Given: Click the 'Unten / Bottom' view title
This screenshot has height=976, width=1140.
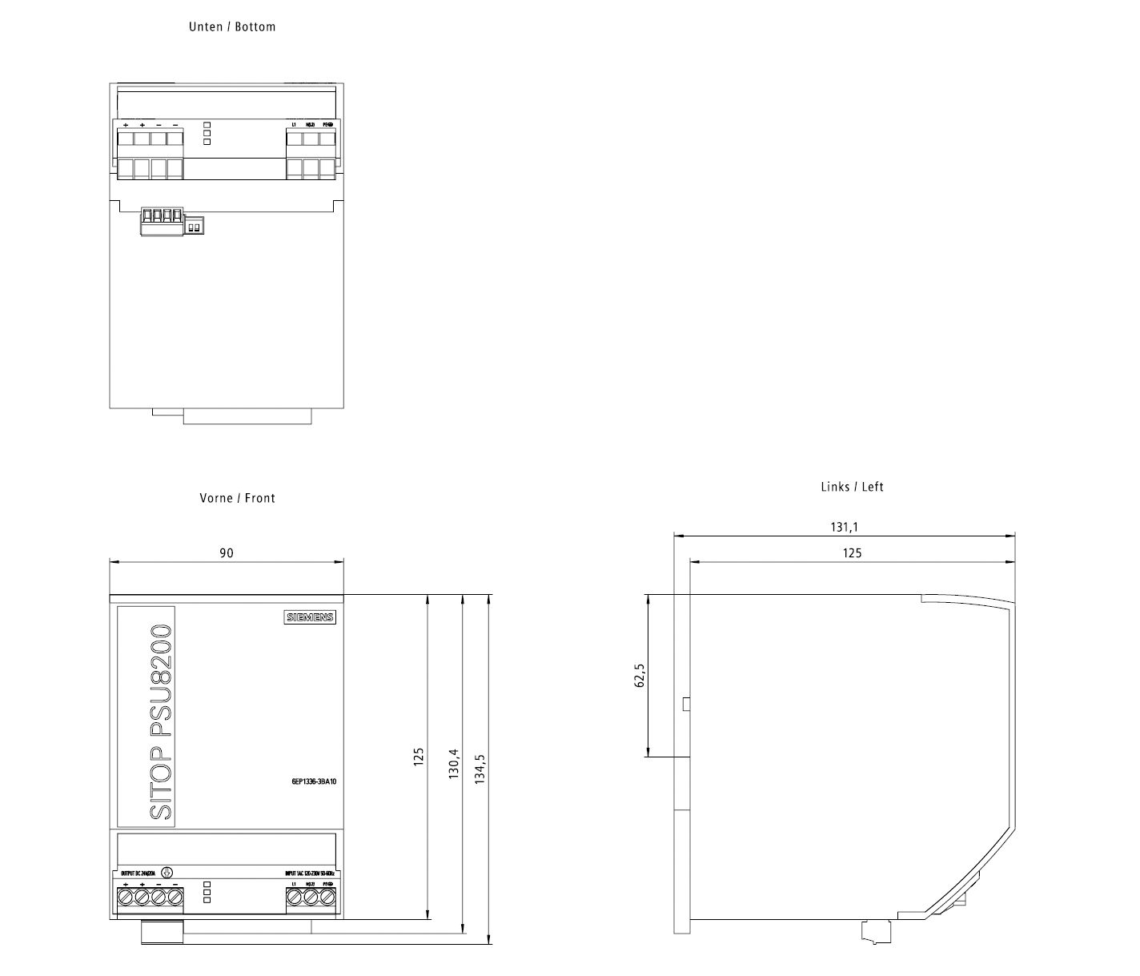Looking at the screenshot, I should pos(232,26).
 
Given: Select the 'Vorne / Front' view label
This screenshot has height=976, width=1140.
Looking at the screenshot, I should pos(237,498).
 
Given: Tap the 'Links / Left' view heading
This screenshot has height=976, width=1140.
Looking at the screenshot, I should pos(852,487).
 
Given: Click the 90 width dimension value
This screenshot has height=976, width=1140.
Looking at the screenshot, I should pos(227,553).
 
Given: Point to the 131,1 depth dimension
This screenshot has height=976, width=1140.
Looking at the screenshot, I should pos(844,527).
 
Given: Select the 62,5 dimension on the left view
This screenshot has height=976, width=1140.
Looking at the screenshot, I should pos(639,675).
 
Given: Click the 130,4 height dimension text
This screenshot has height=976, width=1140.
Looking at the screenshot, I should pos(454,765).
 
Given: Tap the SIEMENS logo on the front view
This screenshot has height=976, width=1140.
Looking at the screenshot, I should pos(310,617).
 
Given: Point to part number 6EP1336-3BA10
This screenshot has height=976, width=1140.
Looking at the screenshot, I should pos(314,781).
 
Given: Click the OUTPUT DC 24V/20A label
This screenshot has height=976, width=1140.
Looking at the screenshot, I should pos(138,873).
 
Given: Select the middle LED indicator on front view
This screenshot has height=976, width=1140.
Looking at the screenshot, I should pos(207,892).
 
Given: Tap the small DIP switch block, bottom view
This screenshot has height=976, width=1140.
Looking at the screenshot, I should pos(193,227).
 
